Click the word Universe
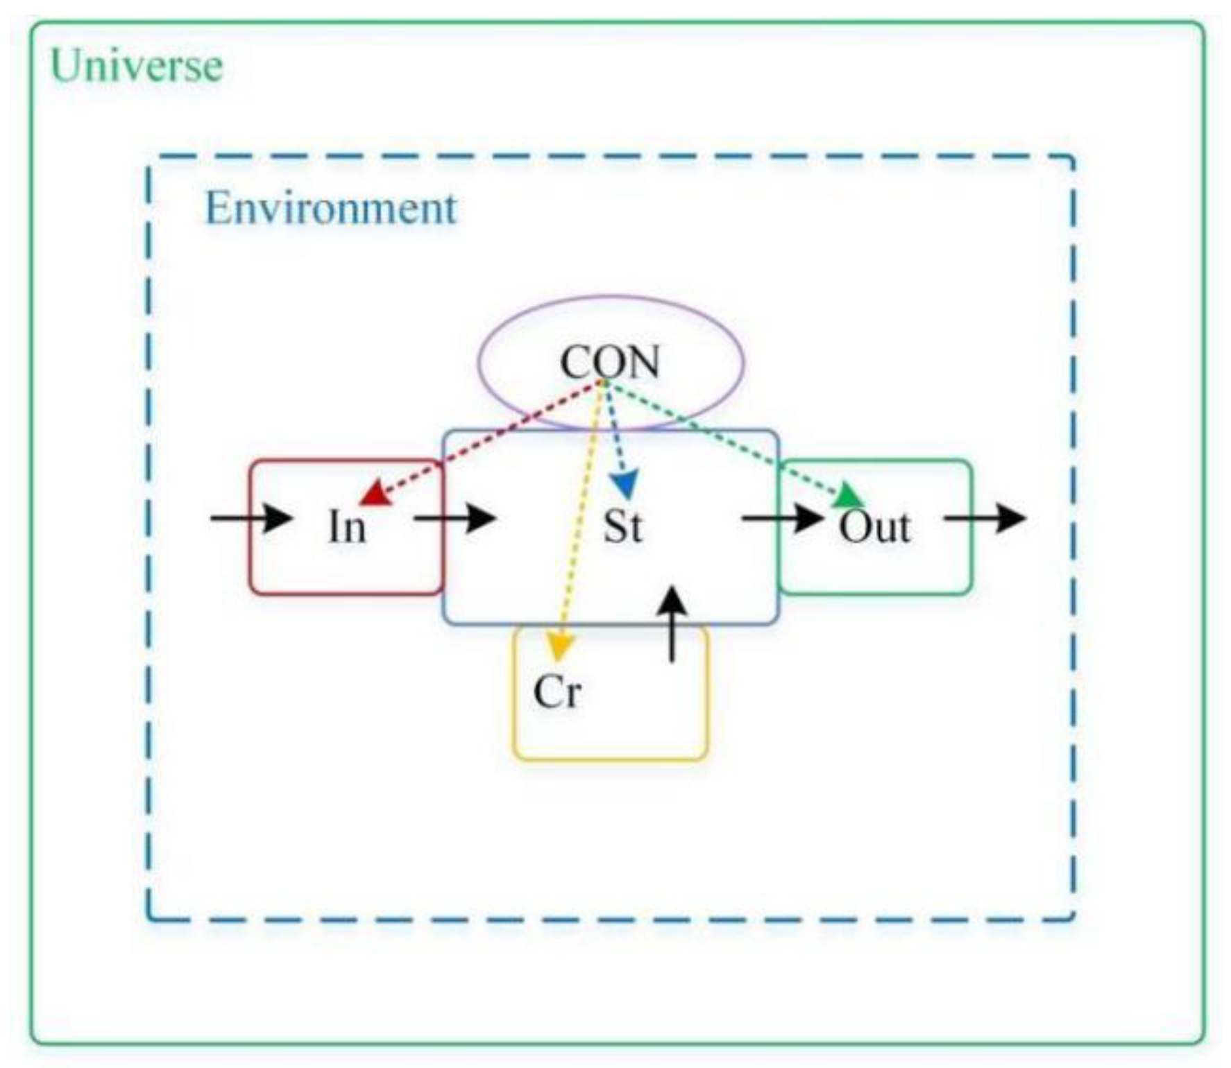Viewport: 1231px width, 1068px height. [x=137, y=67]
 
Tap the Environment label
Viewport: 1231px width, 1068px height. [x=331, y=208]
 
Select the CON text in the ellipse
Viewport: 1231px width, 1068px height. [x=610, y=362]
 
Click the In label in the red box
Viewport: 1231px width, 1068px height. [x=346, y=527]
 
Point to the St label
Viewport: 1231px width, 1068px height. [x=622, y=526]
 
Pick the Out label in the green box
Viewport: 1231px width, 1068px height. [x=874, y=528]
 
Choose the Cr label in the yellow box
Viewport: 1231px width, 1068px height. [x=557, y=692]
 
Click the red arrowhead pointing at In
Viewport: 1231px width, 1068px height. [x=375, y=494]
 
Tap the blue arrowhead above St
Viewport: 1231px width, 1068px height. [x=626, y=484]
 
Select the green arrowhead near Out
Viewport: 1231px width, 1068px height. [x=849, y=497]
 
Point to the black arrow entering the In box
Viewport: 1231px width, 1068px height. [x=252, y=518]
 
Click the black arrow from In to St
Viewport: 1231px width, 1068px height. [x=455, y=518]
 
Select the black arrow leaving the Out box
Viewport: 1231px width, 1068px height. [x=985, y=518]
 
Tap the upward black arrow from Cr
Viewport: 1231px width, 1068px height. [x=672, y=624]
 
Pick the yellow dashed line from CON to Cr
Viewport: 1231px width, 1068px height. [x=579, y=513]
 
